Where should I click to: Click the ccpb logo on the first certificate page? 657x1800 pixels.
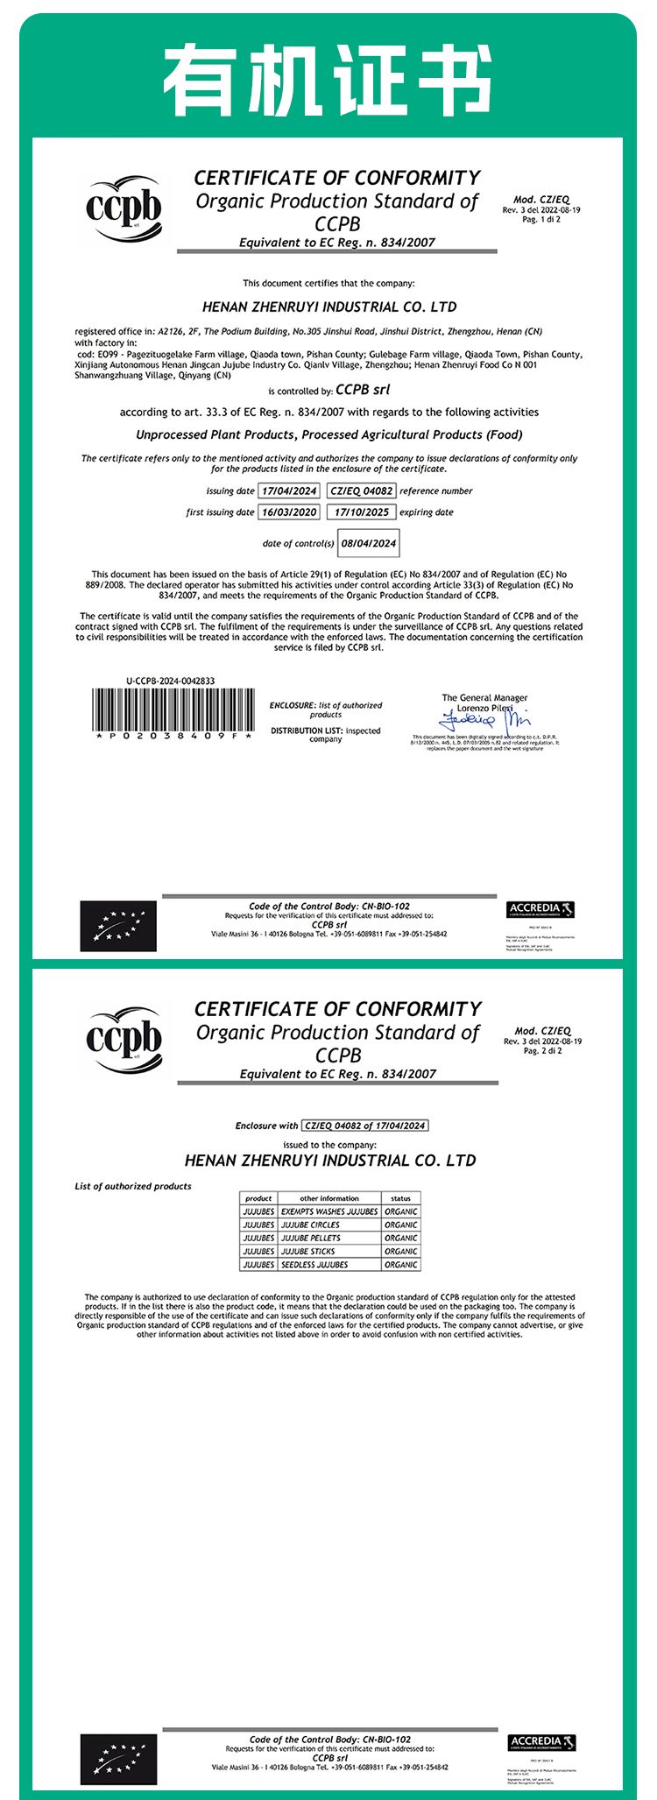[x=124, y=210]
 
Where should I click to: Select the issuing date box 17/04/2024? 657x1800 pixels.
[x=289, y=491]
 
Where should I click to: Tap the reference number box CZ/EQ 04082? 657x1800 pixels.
[x=361, y=491]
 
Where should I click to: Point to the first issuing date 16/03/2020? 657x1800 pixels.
[x=289, y=512]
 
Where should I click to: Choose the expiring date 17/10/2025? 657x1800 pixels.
[x=361, y=512]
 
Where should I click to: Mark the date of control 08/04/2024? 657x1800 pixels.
[x=369, y=543]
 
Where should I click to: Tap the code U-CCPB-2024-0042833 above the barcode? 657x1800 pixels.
[x=171, y=681]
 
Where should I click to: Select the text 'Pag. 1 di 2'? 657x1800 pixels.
[x=541, y=220]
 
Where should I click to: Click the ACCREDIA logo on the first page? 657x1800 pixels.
[x=540, y=909]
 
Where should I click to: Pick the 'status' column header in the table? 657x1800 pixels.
[x=400, y=1198]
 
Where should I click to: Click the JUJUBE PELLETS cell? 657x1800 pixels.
[x=311, y=1239]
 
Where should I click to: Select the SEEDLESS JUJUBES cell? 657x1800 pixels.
[x=314, y=1265]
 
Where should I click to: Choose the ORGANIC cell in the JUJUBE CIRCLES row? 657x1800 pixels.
[x=400, y=1225]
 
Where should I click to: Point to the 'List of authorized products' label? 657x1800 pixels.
[x=133, y=1186]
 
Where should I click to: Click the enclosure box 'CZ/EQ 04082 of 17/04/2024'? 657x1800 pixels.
[x=364, y=1126]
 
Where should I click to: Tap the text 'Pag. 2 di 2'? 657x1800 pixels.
[x=543, y=1051]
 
